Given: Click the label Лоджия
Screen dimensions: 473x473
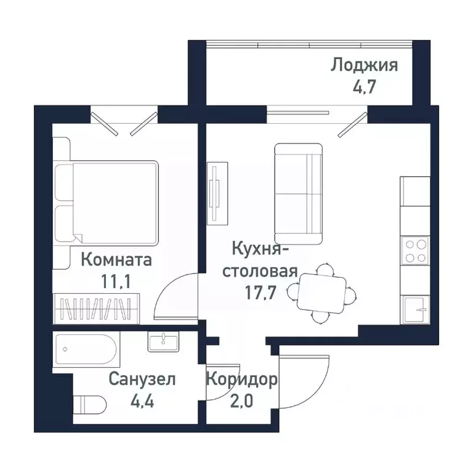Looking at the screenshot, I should [x=365, y=65].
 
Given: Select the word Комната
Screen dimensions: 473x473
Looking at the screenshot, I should [x=116, y=260].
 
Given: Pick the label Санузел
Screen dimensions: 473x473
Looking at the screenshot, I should [x=142, y=379].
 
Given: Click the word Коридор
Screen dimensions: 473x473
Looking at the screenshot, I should [x=241, y=379].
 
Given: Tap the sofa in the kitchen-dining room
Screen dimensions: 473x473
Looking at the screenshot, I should [x=298, y=193].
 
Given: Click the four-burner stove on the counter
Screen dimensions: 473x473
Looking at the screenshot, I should [x=415, y=251].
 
